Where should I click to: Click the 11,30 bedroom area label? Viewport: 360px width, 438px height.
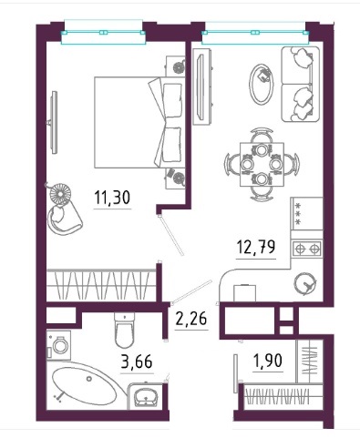112,198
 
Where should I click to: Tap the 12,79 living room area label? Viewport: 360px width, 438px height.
256,247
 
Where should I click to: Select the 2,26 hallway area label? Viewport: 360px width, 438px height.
191,319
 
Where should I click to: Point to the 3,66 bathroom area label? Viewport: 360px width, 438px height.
137,362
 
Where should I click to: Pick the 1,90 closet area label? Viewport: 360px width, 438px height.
268,361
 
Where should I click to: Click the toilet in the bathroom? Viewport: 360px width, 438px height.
124,331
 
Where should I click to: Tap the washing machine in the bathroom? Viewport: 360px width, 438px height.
58,345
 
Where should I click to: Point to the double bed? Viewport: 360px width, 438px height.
139,122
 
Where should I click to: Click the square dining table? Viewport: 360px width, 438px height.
262,164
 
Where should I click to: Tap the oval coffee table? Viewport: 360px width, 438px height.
262,85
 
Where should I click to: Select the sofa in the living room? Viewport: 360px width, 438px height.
301,84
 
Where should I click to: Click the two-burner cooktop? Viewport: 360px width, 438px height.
307,249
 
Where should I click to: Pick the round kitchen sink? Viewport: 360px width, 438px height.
305,283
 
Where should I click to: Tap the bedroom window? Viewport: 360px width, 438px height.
103,33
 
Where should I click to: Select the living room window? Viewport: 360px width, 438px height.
255,33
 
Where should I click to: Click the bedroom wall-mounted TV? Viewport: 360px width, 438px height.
54,122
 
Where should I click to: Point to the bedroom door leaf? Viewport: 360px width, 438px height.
171,235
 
